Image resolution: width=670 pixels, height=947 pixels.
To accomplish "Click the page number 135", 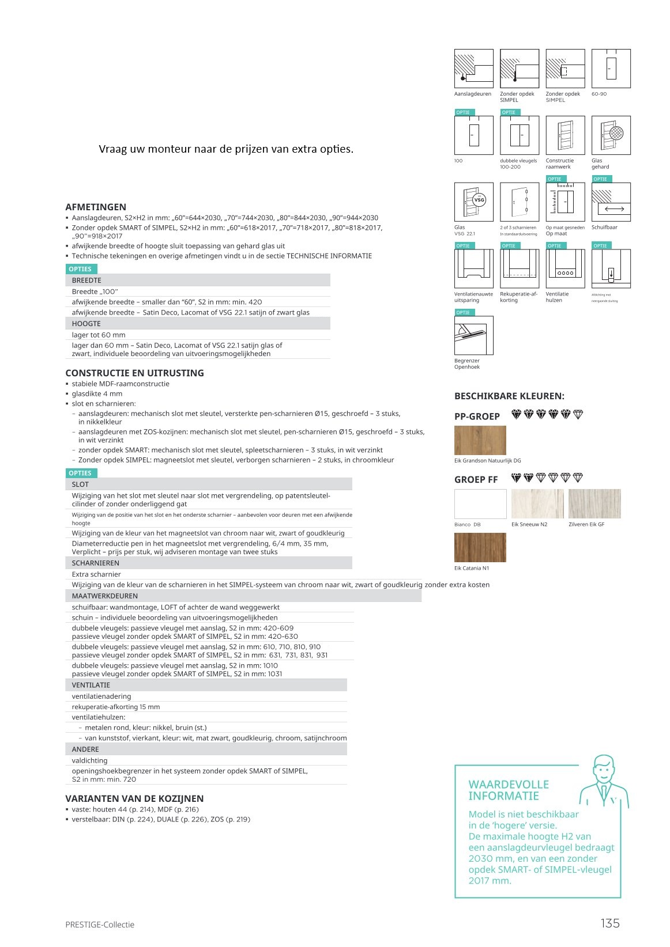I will (609, 923).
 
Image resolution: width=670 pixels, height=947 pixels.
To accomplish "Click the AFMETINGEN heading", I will (96, 207).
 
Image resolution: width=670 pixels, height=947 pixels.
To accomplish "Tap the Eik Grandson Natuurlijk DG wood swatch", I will (480, 441).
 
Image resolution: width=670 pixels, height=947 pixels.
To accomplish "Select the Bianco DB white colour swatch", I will (480, 504).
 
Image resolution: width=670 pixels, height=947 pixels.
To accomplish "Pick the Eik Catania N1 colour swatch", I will (480, 547).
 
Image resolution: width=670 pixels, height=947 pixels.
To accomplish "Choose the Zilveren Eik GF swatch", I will (594, 504).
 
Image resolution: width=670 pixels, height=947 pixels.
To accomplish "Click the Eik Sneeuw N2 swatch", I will (537, 504).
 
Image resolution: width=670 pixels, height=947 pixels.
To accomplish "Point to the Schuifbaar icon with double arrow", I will (611, 202).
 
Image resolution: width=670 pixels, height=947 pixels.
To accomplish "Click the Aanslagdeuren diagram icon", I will (473, 69).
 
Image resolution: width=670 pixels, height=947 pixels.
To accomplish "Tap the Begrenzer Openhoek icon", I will (473, 335).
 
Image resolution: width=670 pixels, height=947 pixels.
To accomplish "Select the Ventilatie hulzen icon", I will (565, 268).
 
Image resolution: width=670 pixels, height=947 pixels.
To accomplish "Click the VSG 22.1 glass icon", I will (473, 202).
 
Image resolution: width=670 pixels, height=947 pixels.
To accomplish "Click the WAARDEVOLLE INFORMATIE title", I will (509, 790).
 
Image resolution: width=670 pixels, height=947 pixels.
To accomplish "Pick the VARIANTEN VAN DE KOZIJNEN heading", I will (134, 798).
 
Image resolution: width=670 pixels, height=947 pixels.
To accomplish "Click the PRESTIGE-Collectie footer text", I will (100, 925).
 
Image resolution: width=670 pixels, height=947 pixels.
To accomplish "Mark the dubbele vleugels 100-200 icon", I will (520, 135).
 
